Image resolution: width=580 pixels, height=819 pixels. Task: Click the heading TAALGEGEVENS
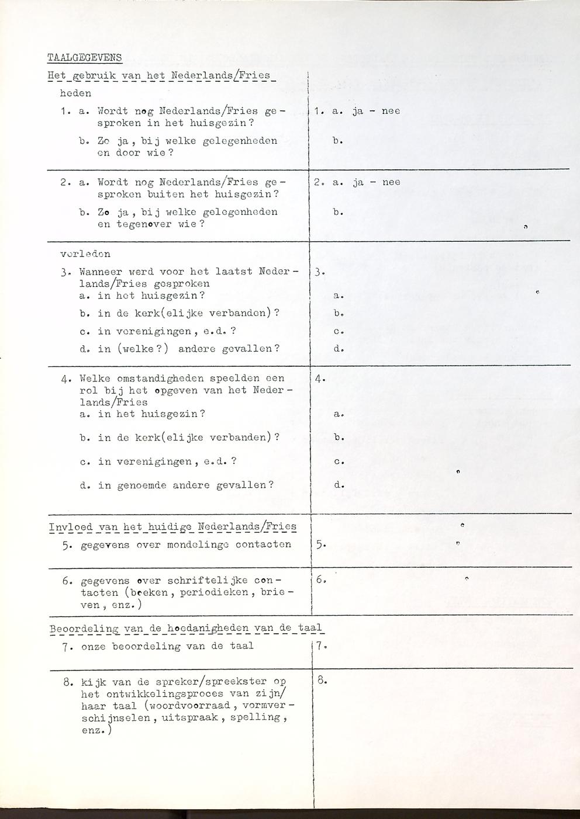coord(84,57)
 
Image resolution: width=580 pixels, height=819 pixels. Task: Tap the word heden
coord(75,93)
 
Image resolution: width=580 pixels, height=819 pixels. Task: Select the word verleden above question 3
coord(85,254)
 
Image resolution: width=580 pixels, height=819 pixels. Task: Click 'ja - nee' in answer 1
coord(376,111)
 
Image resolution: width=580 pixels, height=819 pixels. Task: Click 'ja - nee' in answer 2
coord(376,182)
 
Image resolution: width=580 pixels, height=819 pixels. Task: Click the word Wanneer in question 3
coord(101,272)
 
